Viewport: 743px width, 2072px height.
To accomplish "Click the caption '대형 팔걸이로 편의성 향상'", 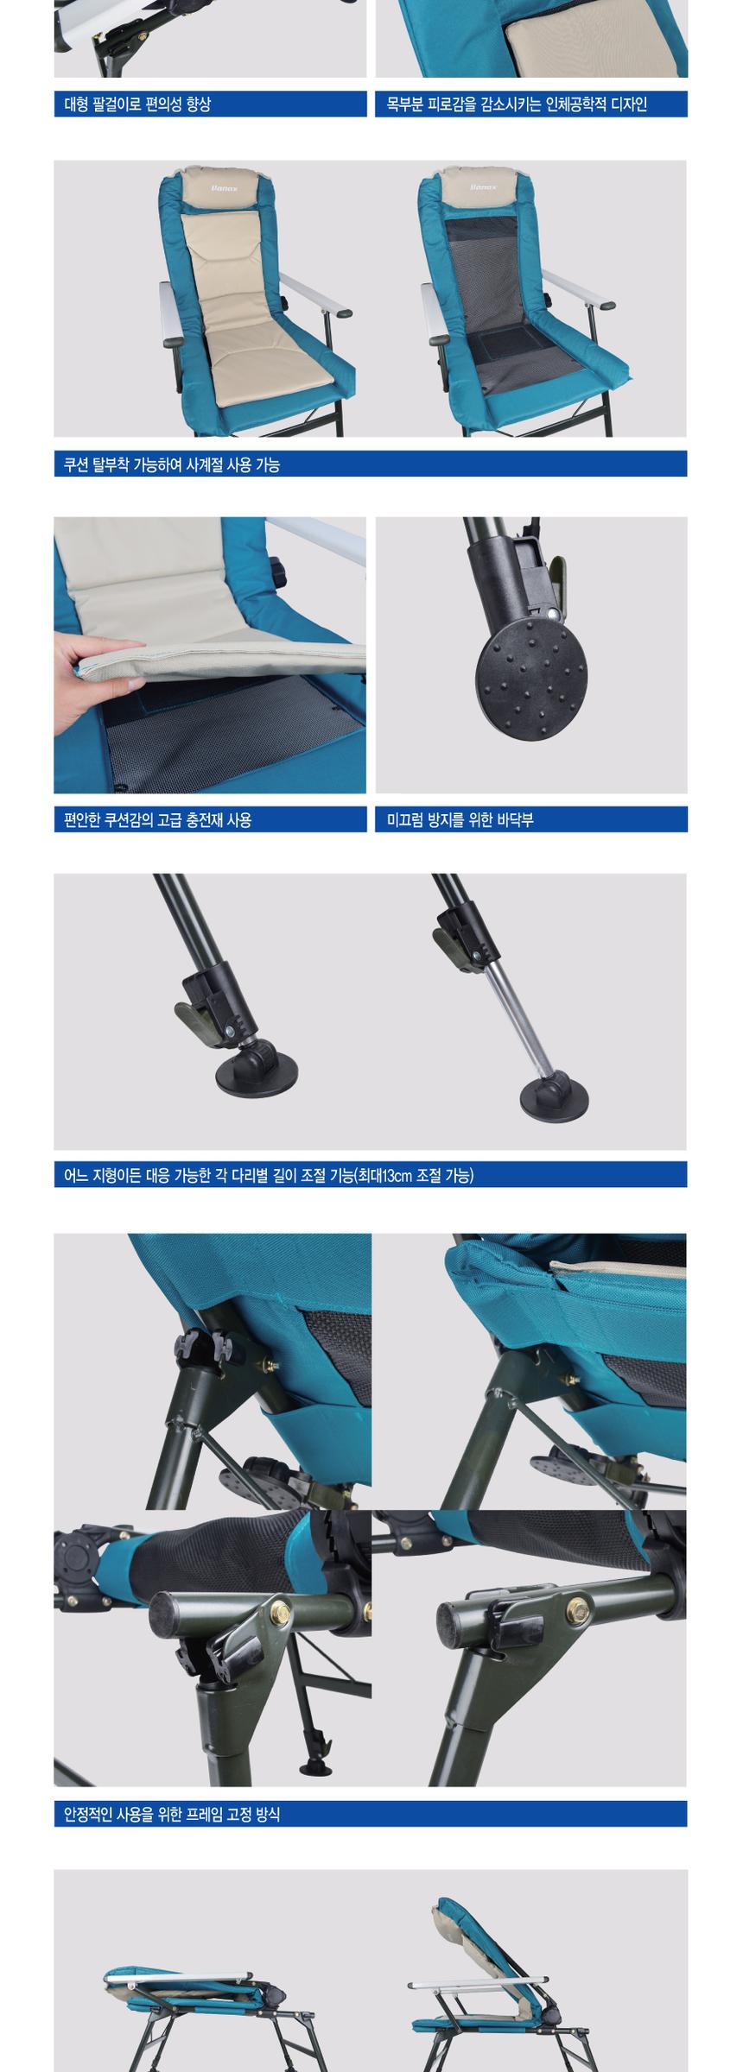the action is click(x=137, y=104).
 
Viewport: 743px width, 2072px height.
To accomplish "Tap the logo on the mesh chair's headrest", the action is click(x=486, y=184).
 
